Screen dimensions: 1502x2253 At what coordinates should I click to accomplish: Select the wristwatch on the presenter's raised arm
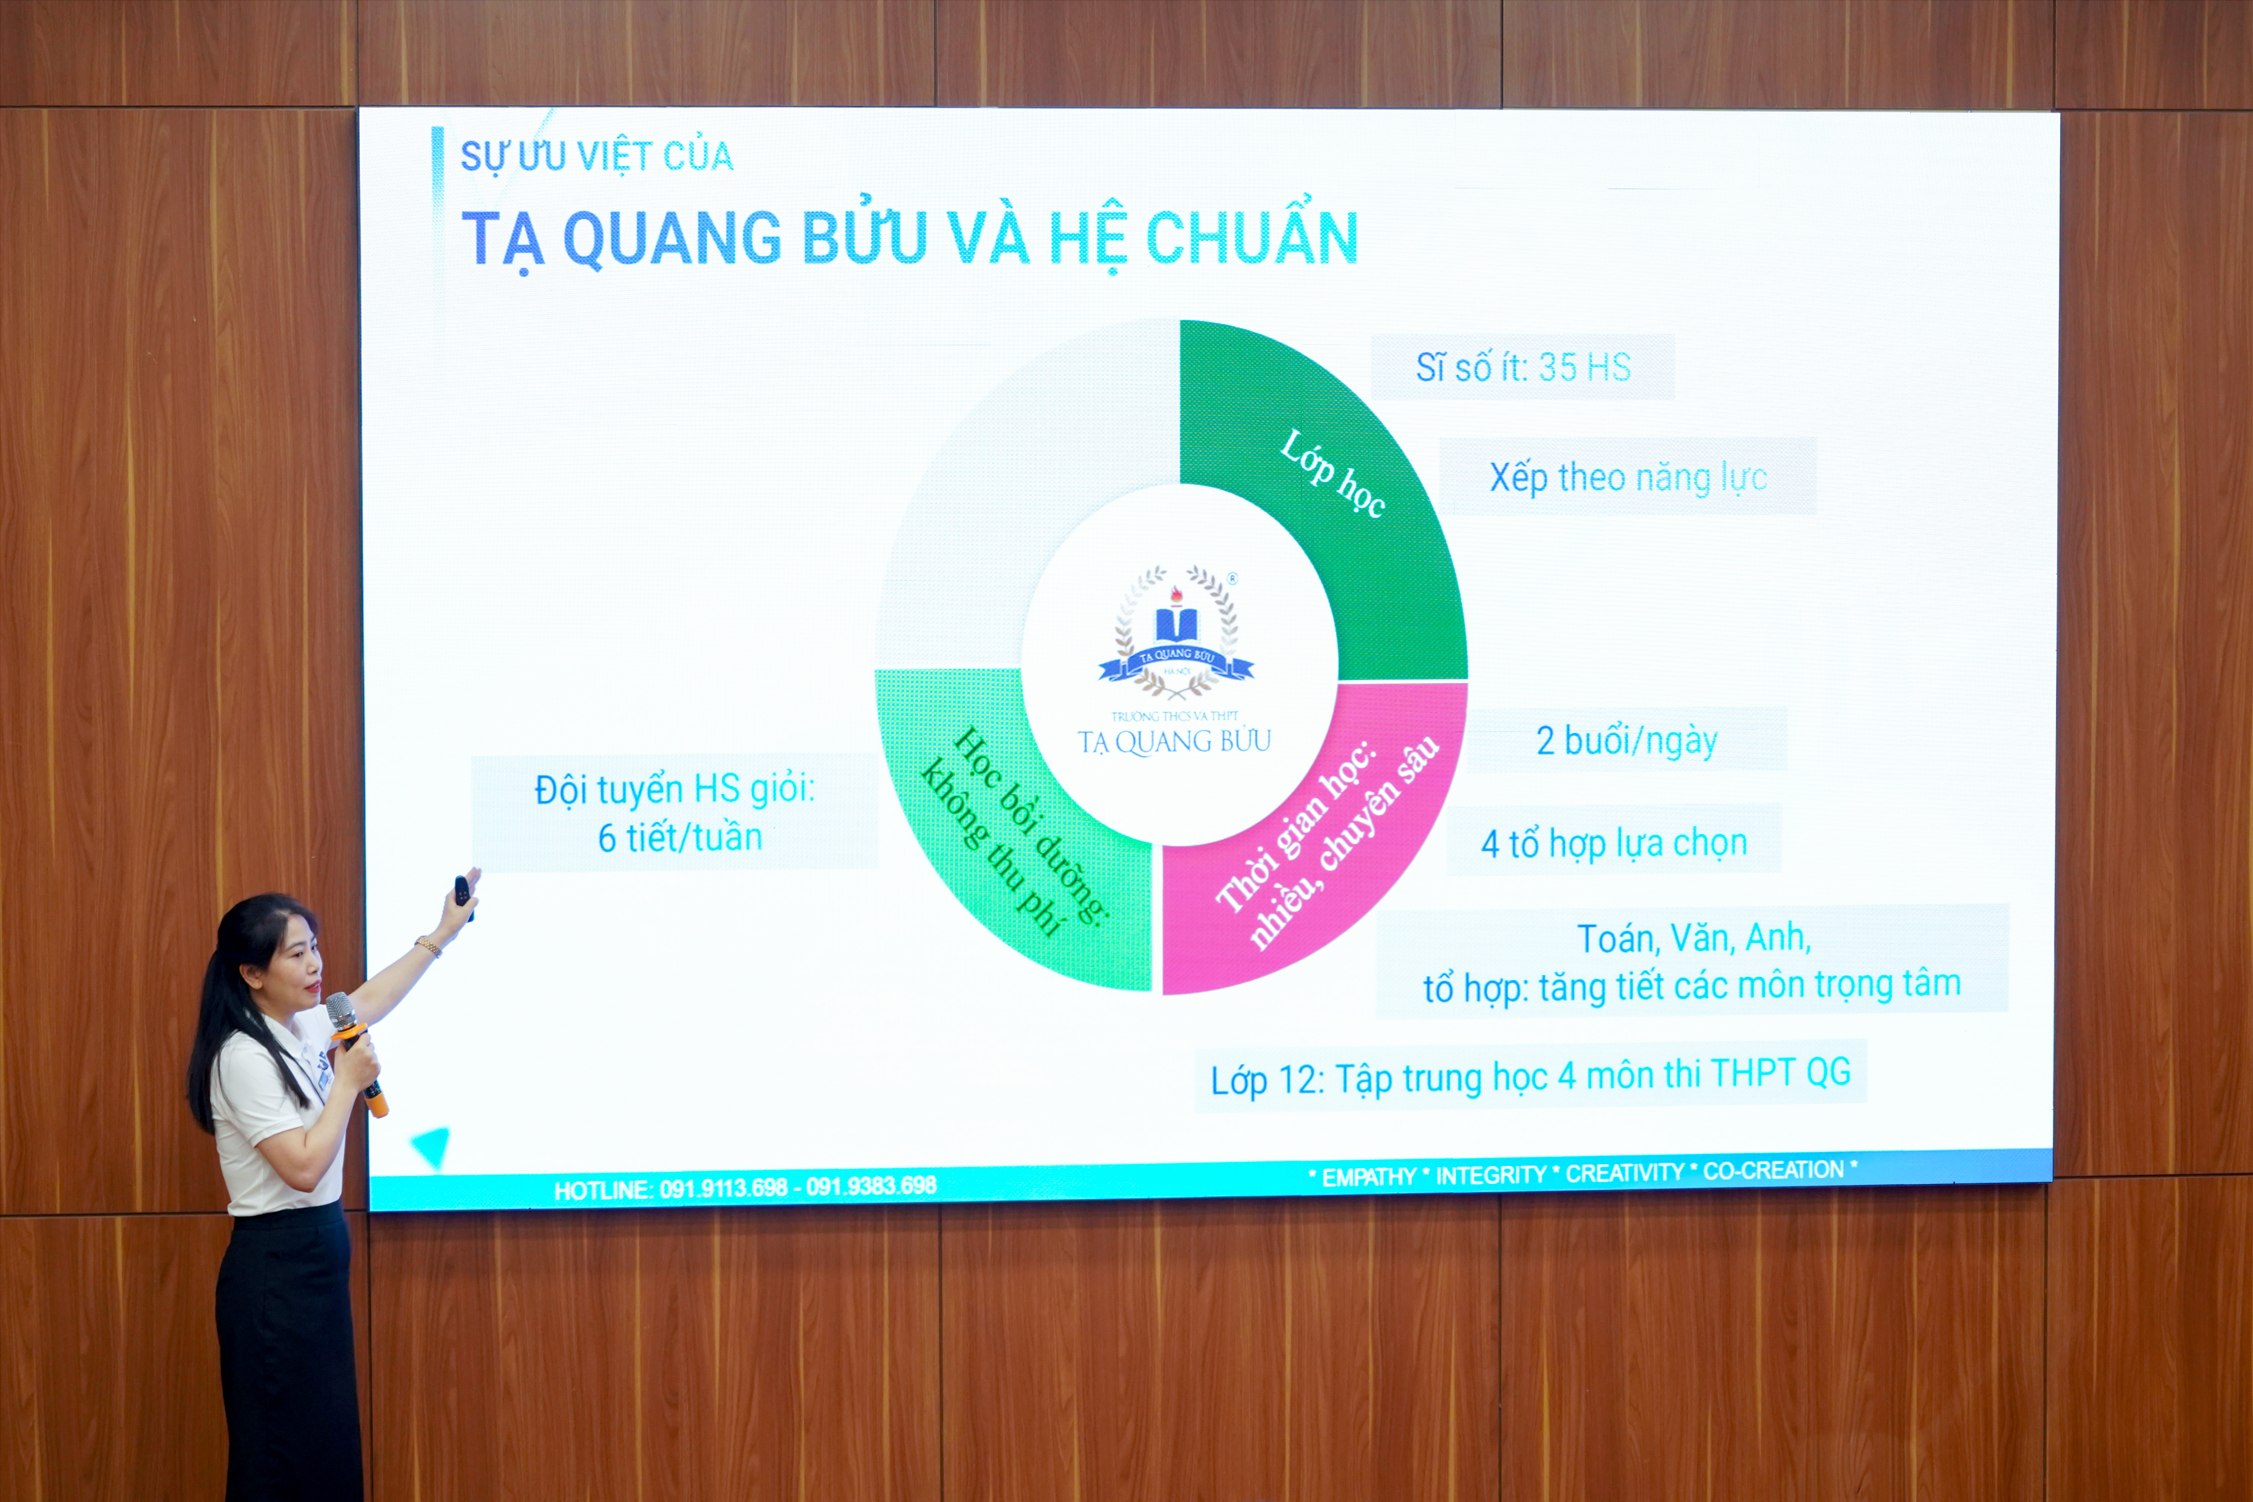click(428, 946)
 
